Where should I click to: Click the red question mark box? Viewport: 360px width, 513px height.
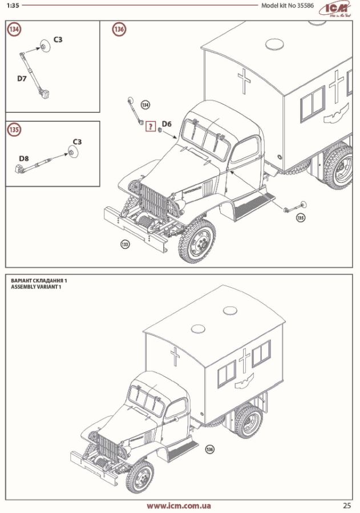pos(151,127)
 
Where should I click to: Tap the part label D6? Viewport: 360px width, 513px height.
pos(167,124)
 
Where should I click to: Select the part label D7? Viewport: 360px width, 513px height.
pos(22,79)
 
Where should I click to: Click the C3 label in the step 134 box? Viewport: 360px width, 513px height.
pos(58,39)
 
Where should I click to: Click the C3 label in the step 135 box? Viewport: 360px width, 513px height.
pos(77,141)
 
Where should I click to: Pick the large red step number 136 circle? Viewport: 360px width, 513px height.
pos(119,30)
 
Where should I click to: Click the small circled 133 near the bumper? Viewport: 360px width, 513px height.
pos(125,245)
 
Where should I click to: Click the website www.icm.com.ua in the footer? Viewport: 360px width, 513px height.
pos(179,506)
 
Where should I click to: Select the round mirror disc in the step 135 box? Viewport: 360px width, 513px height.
pos(72,152)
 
